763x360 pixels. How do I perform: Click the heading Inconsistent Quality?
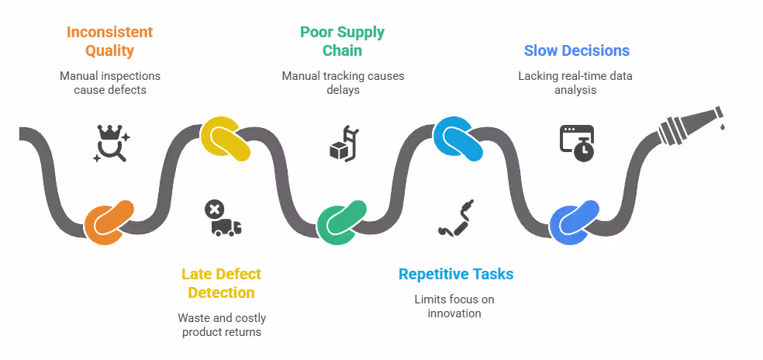(109, 42)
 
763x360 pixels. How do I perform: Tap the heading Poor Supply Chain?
(342, 42)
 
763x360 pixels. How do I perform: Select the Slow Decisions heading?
(576, 51)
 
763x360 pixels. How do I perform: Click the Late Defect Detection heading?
(221, 283)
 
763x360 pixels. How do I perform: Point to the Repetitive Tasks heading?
(456, 274)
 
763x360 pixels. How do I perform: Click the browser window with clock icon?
(576, 143)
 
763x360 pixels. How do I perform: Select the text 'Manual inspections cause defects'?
(109, 83)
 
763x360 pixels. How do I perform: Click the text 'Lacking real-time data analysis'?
(575, 83)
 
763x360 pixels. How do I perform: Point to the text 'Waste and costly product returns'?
(221, 325)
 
